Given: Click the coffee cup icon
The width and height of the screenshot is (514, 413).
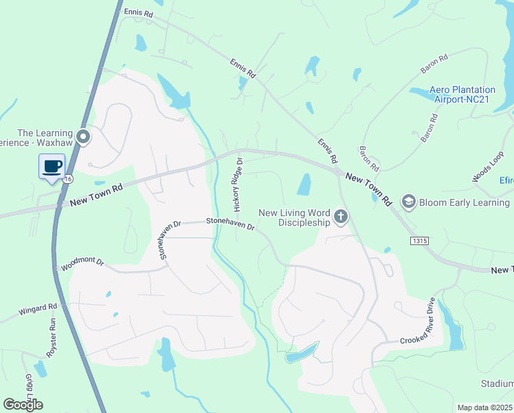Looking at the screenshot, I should (53, 166).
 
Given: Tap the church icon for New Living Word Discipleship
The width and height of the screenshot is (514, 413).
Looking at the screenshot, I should (340, 218).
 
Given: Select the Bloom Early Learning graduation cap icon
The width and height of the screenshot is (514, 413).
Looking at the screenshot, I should (408, 202).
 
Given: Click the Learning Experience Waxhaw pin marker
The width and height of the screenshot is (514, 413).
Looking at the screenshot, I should (84, 137).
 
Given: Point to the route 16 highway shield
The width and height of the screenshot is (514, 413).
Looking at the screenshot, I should (67, 178).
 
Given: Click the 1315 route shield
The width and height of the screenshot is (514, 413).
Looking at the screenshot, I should (421, 240).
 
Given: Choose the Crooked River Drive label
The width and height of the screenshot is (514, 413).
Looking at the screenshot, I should (418, 321).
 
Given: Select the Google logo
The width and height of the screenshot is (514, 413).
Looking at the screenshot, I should (23, 404).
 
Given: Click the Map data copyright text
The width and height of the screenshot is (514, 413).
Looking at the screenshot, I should (485, 407).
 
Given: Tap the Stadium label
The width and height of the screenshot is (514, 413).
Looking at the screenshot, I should (498, 383).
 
